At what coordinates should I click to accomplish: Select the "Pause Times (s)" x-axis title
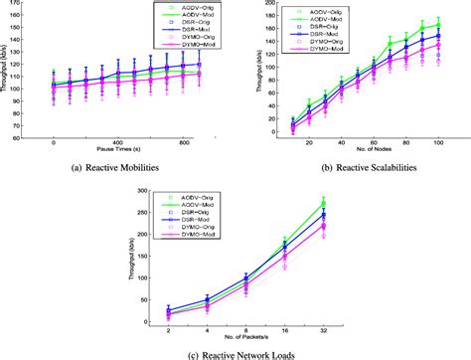pyautogui.click(x=116, y=151)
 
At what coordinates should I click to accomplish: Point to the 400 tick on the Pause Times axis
pyautogui.click(x=116, y=142)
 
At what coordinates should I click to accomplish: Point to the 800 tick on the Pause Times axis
pyautogui.click(x=183, y=142)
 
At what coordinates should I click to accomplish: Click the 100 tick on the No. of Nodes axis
pyautogui.click(x=437, y=142)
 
